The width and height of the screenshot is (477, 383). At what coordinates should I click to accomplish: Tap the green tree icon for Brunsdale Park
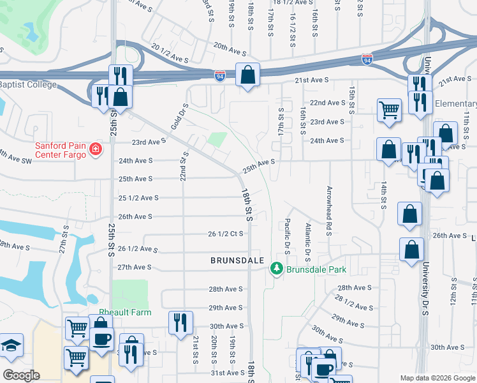click(277, 269)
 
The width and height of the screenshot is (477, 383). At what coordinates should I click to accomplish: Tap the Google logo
click(20, 375)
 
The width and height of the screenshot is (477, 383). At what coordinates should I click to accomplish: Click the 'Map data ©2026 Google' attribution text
click(437, 378)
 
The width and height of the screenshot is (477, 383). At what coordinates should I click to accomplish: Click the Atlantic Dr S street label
click(307, 238)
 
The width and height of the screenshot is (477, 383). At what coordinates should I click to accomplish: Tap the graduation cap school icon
click(10, 347)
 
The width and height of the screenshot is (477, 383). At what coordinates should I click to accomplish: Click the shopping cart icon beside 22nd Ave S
click(389, 110)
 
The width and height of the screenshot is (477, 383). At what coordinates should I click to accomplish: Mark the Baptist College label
click(28, 85)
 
